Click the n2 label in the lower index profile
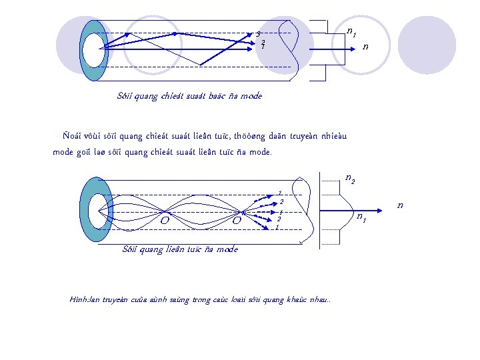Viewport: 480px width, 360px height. pos(349,179)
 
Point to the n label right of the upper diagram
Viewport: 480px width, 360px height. pos(365,47)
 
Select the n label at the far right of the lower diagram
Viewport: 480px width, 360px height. pos(401,204)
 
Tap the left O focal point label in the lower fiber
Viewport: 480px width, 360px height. pos(163,219)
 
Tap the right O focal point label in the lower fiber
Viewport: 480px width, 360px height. pos(236,219)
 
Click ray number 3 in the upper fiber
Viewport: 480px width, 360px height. pos(258,33)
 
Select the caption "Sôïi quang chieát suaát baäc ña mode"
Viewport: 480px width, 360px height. pos(189,96)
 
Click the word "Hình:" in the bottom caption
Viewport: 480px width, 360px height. pos(79,300)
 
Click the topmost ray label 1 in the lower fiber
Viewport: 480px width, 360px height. pos(281,191)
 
